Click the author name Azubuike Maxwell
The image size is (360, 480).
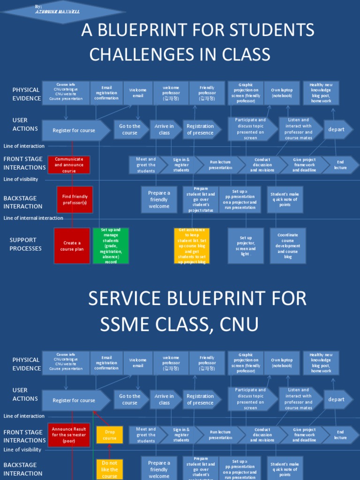57,12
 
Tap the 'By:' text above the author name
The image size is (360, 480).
38,6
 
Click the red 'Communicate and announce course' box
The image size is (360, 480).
69,165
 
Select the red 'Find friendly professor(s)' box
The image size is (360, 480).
75,200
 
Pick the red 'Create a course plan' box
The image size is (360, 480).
72,246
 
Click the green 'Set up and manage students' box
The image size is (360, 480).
111,246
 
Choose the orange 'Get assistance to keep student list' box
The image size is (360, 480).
192,246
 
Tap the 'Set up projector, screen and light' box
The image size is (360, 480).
246,246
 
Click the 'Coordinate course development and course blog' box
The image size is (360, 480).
288,246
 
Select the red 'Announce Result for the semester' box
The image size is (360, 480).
69,435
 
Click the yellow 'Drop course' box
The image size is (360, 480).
110,435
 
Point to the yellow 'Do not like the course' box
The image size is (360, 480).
110,469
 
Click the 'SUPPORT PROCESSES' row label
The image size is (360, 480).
26,244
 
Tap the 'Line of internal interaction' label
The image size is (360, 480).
33,218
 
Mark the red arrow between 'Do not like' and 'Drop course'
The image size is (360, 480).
110,451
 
